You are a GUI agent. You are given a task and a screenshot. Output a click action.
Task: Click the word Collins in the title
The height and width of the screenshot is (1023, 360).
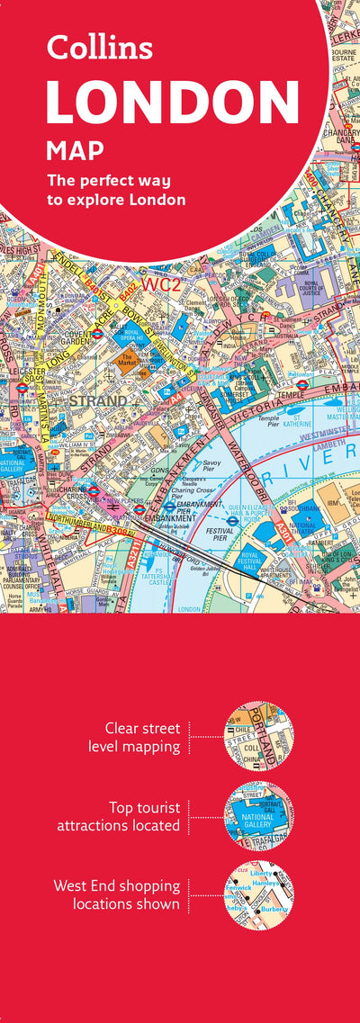pos(99,47)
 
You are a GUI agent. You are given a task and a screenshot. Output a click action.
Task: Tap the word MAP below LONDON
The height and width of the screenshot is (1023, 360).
pos(75,148)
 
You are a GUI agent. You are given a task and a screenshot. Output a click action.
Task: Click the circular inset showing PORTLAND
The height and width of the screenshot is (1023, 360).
pos(259,735)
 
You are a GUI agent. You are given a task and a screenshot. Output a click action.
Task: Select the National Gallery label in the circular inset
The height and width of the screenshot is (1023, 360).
pos(259,818)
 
